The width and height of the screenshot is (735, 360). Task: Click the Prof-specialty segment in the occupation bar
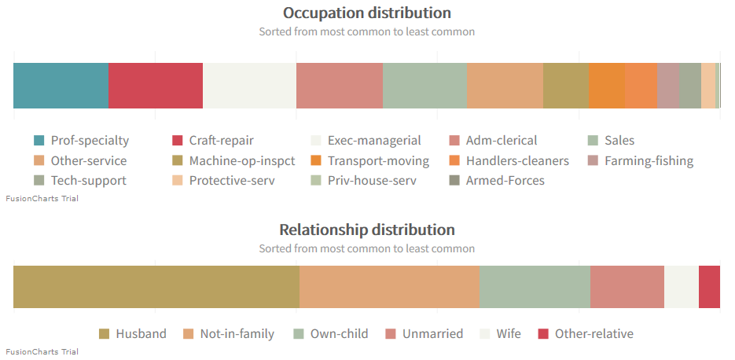pos(61,85)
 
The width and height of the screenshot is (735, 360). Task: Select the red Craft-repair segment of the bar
pos(155,85)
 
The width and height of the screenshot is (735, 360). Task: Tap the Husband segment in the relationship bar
pos(156,287)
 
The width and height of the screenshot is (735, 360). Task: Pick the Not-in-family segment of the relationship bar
pos(389,287)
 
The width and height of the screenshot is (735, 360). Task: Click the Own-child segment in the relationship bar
pos(535,287)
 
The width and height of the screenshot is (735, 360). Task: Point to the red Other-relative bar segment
pos(709,287)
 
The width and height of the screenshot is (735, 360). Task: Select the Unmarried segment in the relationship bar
pos(627,287)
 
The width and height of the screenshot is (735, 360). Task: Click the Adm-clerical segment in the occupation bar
pos(339,85)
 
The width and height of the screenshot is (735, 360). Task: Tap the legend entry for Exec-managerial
pos(373,141)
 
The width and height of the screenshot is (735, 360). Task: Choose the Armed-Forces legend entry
pos(505,181)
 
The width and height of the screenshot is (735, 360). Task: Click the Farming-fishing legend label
pos(649,161)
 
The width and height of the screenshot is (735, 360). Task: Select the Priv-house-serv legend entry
pos(372,181)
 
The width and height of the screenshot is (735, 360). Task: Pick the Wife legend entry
pos(508,334)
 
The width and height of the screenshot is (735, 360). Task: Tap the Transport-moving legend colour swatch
pos(316,161)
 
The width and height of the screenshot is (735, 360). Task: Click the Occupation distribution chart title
pos(366,13)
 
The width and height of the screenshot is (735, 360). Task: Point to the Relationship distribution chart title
pos(366,230)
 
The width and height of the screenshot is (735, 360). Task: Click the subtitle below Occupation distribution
pos(366,32)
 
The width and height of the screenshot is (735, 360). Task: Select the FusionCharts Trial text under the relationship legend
pos(42,351)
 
